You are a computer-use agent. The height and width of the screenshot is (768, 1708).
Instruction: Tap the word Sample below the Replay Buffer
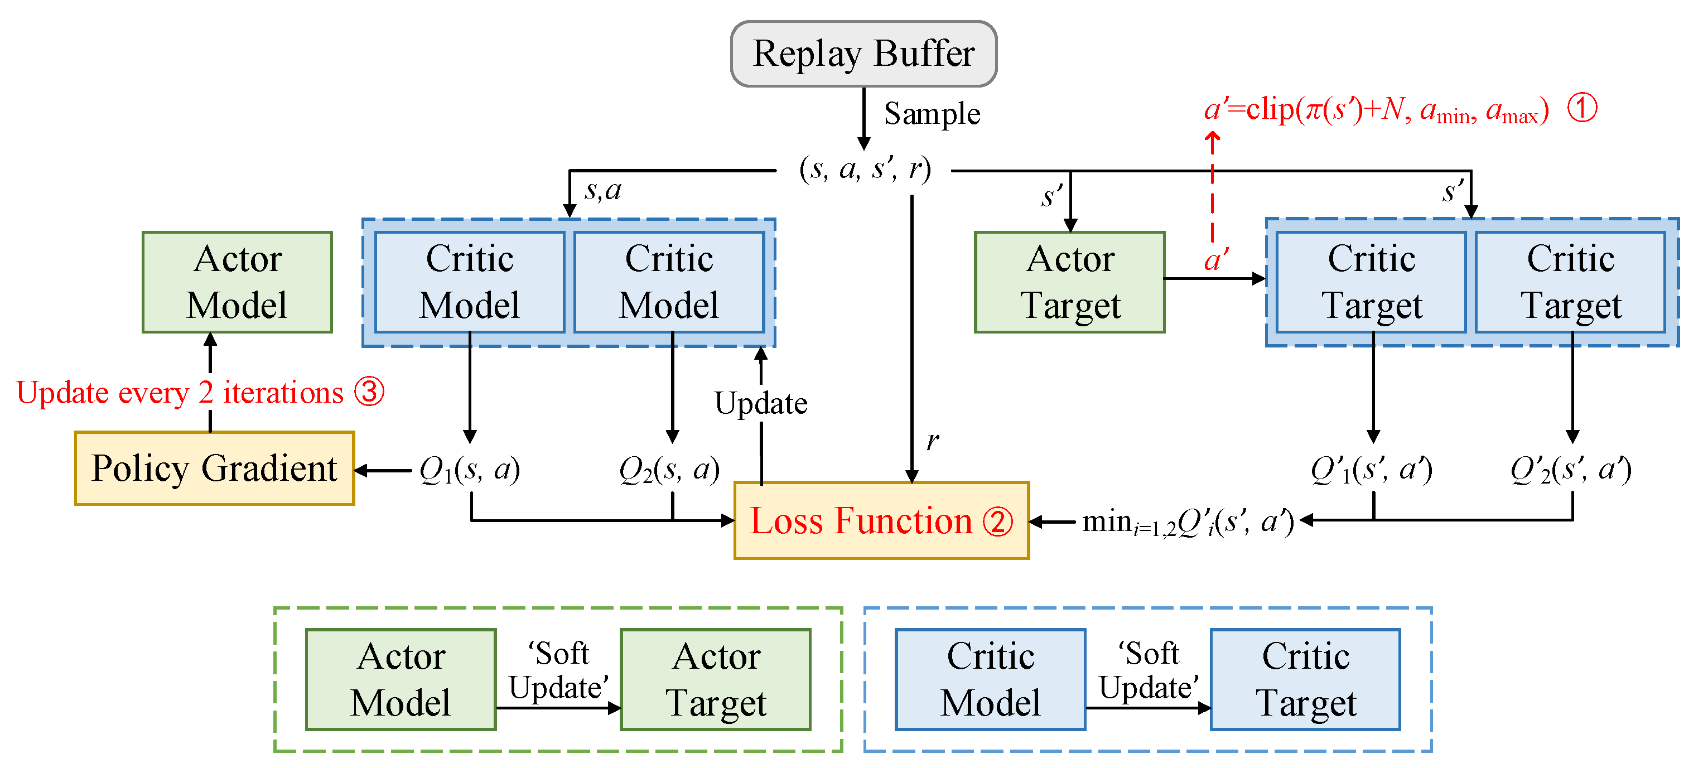[932, 113]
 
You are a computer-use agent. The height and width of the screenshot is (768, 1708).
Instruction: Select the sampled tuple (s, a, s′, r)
[865, 169]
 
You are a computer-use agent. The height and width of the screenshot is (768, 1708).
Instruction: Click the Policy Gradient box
[214, 468]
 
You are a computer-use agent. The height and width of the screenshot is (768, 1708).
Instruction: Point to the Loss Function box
[881, 520]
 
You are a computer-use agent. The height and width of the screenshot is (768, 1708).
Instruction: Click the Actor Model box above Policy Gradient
[237, 282]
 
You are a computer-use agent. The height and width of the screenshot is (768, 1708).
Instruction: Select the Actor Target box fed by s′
[1069, 282]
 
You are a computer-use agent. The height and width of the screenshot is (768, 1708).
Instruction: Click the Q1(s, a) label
[470, 470]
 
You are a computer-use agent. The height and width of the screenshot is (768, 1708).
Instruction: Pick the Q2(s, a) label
[668, 470]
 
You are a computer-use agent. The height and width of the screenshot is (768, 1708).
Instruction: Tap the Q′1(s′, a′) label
[1371, 470]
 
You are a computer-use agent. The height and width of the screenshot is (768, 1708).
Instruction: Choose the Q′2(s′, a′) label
[1570, 470]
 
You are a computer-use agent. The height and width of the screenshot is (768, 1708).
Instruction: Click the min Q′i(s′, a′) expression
[1187, 522]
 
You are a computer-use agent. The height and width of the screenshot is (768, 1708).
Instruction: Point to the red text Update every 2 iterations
[180, 393]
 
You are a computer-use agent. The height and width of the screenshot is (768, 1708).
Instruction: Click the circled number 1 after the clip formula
[1582, 108]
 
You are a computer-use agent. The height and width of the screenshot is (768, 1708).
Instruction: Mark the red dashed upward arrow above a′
[1212, 186]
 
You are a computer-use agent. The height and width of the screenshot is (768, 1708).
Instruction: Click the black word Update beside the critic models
[760, 403]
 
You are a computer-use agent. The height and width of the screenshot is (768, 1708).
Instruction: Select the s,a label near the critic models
[602, 191]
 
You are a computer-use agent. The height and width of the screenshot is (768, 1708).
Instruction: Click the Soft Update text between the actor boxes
[558, 670]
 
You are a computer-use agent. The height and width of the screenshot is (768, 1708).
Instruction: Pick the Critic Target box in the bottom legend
[1305, 679]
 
